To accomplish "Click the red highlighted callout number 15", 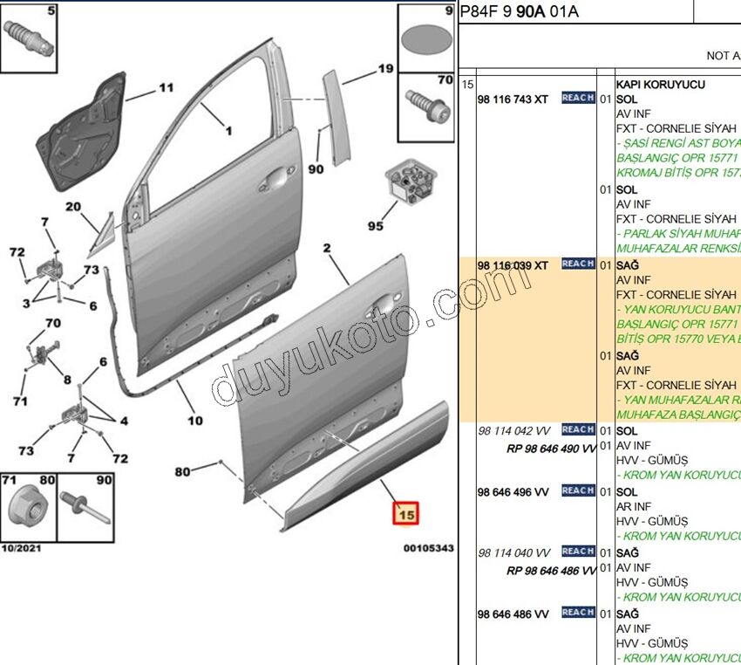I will pos(405,515).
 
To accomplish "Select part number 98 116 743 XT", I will pos(513,100).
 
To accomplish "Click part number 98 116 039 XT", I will pos(513,264).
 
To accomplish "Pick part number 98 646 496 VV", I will pos(513,491).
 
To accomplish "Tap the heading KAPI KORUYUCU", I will pos(660,85).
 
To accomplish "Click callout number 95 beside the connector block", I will pos(375,226).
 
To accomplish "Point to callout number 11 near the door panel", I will pos(166,87).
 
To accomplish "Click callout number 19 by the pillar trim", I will pos(385,68).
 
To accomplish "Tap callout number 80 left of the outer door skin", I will pos(182,472).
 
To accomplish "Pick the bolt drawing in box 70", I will pos(428,108).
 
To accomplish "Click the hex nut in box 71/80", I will pos(28,504).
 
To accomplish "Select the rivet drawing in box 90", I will pos(85,509).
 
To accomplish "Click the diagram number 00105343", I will pos(428,548).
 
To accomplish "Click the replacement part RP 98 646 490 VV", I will pos(551,449).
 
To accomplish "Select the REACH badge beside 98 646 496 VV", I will pos(578,490).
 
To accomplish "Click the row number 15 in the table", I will pos(467,85).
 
